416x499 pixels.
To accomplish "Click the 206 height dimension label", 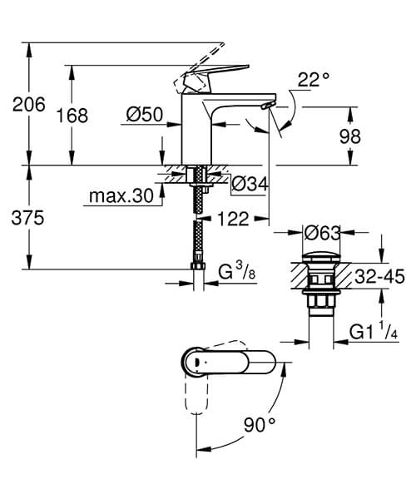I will point(27,104).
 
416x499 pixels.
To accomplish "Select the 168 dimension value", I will point(73,116).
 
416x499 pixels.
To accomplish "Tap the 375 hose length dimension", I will point(27,217).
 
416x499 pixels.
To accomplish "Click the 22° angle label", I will point(315,79).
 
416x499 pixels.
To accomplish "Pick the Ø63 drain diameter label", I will point(321,232).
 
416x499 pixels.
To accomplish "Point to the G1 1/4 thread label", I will point(374,330).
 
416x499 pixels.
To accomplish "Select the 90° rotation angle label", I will point(260,425).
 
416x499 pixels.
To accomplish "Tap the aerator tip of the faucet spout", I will point(266,106).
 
